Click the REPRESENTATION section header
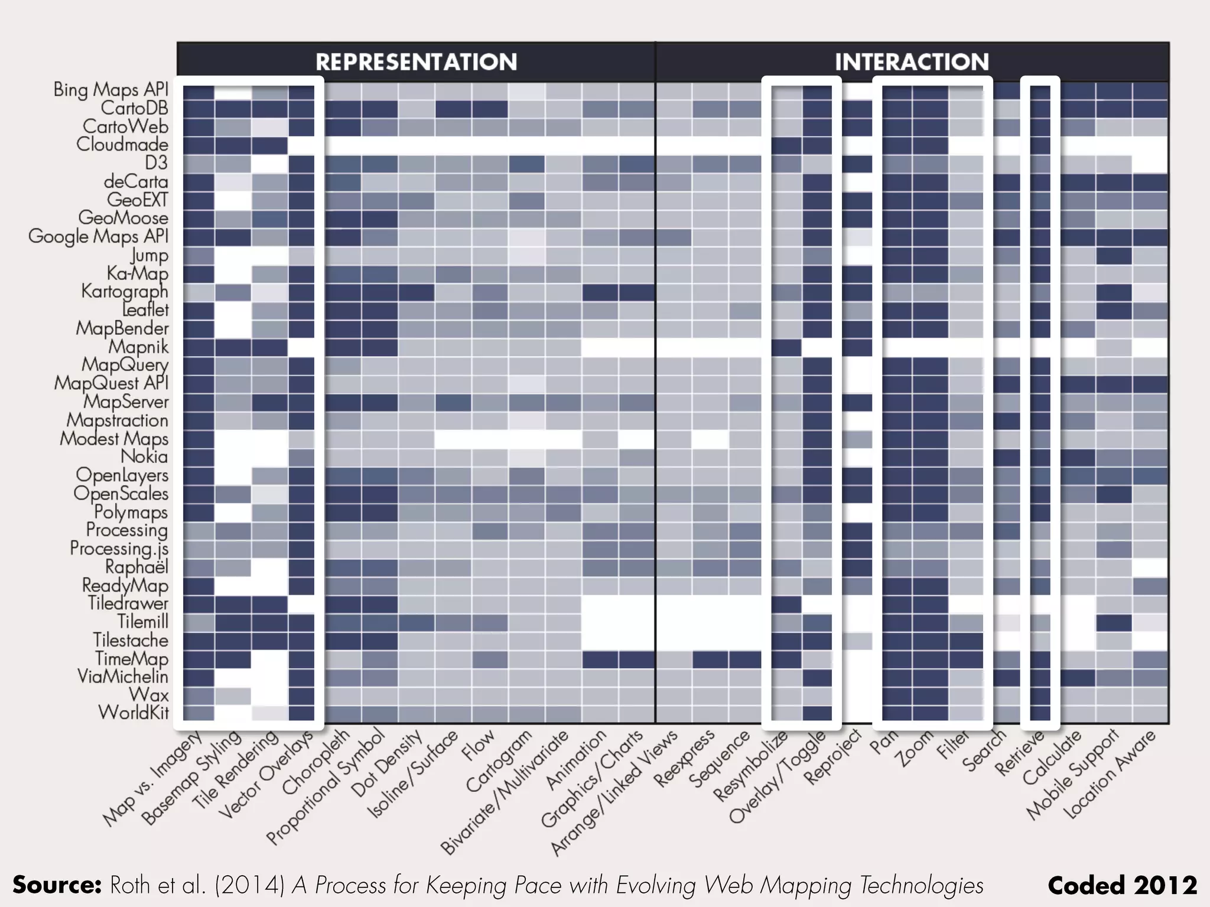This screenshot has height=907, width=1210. coord(416,62)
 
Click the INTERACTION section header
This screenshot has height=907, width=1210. coord(911,62)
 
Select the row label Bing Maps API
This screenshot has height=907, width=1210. coord(111,89)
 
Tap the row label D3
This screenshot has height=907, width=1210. coord(156,162)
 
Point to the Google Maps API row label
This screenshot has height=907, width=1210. coord(99,236)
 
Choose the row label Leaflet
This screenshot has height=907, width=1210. coord(145,309)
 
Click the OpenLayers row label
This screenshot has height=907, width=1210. coord(122,475)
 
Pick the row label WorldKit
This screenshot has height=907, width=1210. coord(134,713)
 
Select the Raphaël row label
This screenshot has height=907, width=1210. coord(136,567)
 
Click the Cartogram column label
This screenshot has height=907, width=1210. coord(499,762)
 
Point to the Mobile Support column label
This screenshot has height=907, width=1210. coord(1072,775)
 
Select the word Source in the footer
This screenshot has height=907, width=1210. coord(57,885)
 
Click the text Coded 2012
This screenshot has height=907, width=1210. coord(1122,885)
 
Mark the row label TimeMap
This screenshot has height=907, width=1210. coord(132,658)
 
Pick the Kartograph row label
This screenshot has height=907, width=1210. coord(125,291)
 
